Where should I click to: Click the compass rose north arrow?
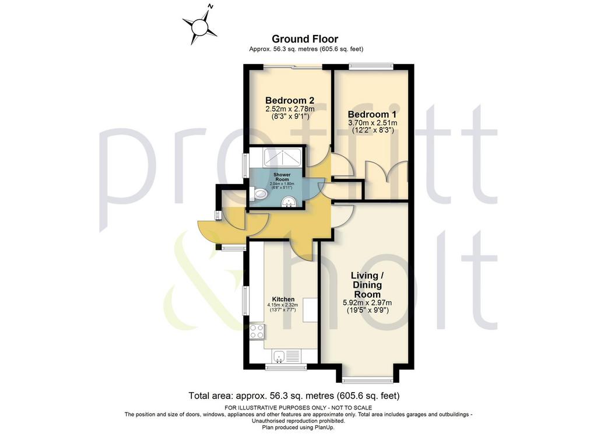[199, 26]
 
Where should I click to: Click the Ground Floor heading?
[304, 39]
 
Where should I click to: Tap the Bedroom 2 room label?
[290, 100]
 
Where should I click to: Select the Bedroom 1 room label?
[372, 114]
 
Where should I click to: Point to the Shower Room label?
[282, 177]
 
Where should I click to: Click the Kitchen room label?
[283, 299]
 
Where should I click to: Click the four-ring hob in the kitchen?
[257, 331]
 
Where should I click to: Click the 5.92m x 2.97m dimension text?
[367, 303]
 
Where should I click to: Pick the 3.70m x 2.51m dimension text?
[373, 123]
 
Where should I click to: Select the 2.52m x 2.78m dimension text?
[290, 109]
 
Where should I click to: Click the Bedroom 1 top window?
[371, 66]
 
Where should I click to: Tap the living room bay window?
[367, 380]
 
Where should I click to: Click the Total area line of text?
[294, 396]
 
